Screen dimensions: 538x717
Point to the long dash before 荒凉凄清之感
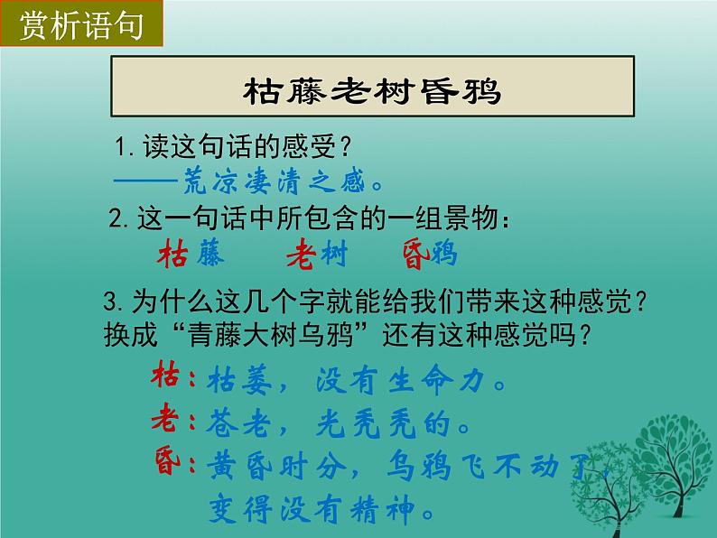[146, 181]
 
